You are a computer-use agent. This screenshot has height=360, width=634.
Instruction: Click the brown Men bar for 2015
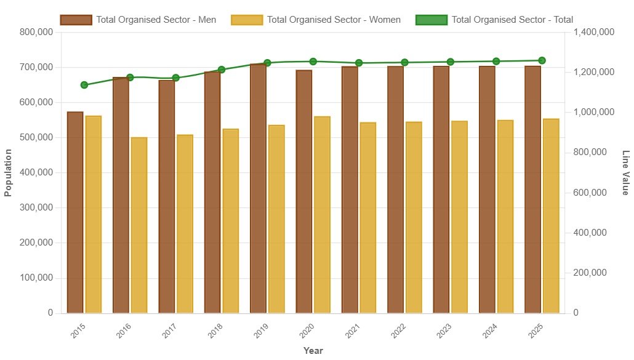click(75, 212)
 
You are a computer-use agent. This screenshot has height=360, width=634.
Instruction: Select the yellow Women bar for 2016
click(139, 225)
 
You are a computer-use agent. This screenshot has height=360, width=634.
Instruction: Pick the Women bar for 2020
click(322, 215)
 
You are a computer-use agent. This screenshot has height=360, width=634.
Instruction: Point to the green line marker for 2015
click(84, 85)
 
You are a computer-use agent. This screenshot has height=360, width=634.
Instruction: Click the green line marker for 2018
click(222, 70)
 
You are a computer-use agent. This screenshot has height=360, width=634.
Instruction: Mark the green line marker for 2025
click(542, 60)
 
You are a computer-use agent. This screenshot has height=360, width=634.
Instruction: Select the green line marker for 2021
click(359, 63)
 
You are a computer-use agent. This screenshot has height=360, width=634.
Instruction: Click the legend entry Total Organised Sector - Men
click(138, 20)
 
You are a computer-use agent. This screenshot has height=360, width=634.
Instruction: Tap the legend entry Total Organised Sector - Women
click(316, 20)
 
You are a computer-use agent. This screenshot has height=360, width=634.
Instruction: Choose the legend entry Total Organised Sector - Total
click(494, 20)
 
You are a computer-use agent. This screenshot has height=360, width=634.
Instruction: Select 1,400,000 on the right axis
click(593, 32)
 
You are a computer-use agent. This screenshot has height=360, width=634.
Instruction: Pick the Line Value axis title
click(625, 173)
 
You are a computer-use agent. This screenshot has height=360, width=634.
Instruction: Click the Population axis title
click(8, 173)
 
